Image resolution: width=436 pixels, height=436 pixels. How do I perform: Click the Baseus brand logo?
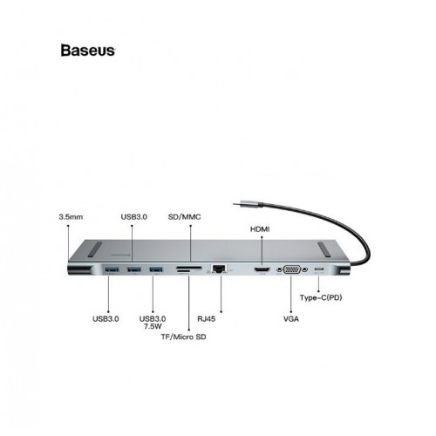point(88,51)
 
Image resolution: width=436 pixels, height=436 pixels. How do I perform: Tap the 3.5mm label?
point(71,217)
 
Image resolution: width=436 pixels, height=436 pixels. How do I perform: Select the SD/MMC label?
point(185,217)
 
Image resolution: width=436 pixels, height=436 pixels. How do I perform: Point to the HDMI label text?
point(260,229)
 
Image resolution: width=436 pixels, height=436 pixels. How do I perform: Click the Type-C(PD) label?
point(321,297)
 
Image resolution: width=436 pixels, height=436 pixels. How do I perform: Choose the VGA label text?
point(291,319)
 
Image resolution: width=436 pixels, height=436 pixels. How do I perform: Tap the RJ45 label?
point(207,319)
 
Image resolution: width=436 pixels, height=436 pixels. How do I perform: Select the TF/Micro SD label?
point(184,337)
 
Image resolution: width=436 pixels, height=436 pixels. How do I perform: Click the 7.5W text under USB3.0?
point(153,326)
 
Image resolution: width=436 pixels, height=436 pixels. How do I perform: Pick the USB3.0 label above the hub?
point(134,217)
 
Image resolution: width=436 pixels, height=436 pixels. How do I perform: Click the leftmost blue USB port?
point(112,269)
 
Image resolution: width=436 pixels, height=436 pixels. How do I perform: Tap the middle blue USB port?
point(134,269)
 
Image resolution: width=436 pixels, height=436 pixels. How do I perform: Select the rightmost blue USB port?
point(156,269)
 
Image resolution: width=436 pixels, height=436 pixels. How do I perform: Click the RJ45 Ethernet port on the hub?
point(220,269)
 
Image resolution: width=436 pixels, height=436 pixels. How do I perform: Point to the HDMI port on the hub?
point(262,269)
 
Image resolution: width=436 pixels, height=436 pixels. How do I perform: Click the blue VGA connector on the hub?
point(292,269)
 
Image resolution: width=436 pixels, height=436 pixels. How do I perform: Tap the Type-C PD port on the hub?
point(319,269)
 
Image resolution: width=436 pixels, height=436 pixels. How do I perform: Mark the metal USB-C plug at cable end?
point(248,204)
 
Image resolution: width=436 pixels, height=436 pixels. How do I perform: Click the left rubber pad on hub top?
point(95,249)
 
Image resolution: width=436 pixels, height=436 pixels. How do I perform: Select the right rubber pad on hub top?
point(324,249)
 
